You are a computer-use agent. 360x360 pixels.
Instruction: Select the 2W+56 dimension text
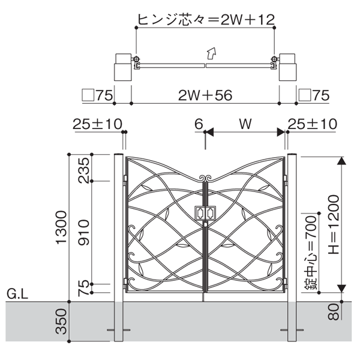pyautogui.click(x=205, y=95)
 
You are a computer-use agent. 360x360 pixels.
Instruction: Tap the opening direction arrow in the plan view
pyautogui.click(x=211, y=53)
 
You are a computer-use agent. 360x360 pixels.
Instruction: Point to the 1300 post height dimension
pyautogui.click(x=61, y=227)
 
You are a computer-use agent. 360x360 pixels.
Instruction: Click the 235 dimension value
pyautogui.click(x=83, y=170)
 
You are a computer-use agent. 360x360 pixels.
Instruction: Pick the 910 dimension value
pyautogui.click(x=83, y=232)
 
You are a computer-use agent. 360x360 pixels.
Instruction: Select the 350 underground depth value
pyautogui.click(x=61, y=322)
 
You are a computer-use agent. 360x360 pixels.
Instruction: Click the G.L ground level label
pyautogui.click(x=17, y=293)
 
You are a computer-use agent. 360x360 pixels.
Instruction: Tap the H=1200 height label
pyautogui.click(x=334, y=224)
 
